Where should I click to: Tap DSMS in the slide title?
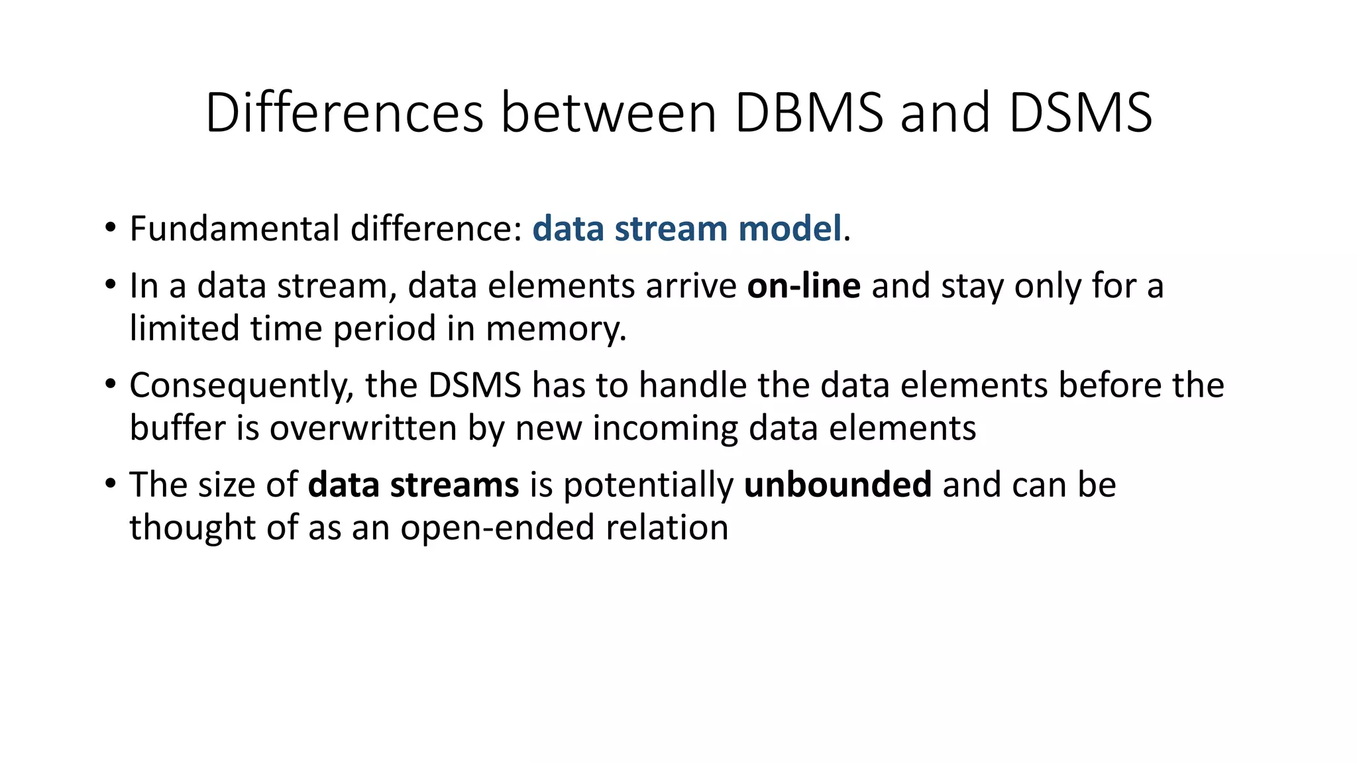[x=1080, y=113]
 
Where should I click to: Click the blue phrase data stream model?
[x=687, y=229]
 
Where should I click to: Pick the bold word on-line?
[x=804, y=286]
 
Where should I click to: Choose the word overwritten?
[x=363, y=429]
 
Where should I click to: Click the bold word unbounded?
[x=838, y=485]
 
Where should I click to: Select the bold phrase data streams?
[x=413, y=485]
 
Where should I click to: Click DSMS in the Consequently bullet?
[x=475, y=386]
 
